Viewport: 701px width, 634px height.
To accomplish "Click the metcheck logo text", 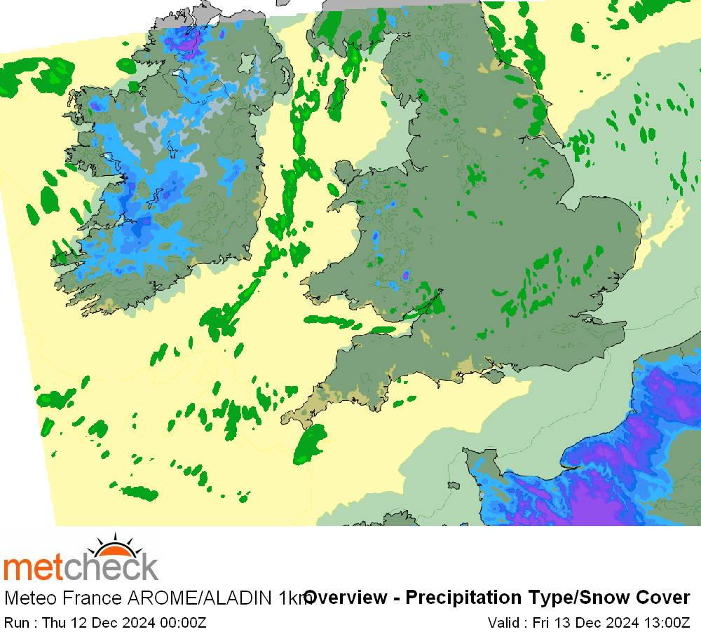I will (81, 567).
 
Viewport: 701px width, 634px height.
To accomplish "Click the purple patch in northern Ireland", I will (188, 43).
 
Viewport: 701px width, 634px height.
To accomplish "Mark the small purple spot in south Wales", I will (405, 275).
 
